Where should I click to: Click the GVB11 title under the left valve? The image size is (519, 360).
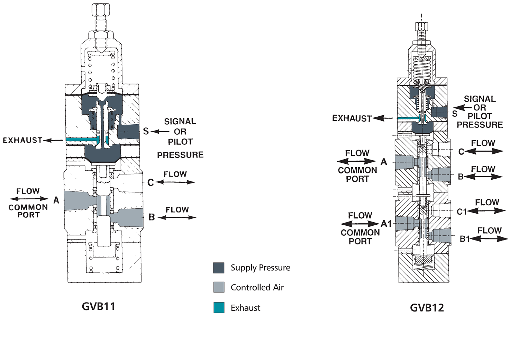(98, 306)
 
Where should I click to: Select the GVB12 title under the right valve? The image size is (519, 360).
(427, 308)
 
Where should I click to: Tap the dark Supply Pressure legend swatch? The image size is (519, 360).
(219, 268)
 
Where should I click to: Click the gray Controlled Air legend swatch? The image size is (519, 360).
(219, 287)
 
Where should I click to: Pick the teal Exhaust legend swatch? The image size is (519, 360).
(219, 307)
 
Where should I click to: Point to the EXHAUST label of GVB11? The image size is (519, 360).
(22, 140)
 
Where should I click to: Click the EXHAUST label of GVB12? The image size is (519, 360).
(352, 118)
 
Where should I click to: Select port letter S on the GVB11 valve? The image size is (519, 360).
(146, 132)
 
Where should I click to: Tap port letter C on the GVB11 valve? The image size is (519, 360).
(151, 182)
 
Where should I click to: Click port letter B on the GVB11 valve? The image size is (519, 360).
(152, 217)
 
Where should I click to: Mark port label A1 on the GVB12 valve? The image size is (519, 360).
(386, 224)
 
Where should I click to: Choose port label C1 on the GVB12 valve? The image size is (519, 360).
(462, 211)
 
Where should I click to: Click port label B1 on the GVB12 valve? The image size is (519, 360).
(464, 239)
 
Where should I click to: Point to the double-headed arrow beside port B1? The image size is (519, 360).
(489, 238)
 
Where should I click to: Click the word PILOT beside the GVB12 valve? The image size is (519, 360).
(480, 116)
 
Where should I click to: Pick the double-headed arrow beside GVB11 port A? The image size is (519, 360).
(29, 199)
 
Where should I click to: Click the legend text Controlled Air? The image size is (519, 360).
(257, 287)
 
